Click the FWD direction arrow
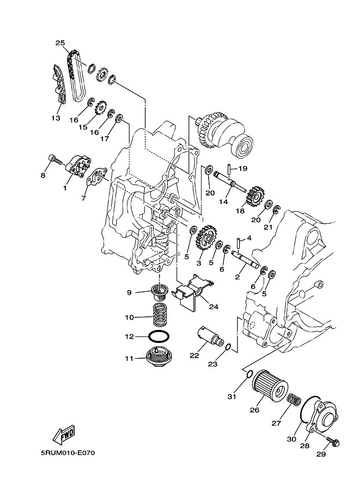(x=64, y=434)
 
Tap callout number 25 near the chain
(x=60, y=42)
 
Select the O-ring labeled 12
(x=158, y=336)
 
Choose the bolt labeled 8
(x=52, y=159)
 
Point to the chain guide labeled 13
(x=59, y=85)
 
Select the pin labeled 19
(x=230, y=169)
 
